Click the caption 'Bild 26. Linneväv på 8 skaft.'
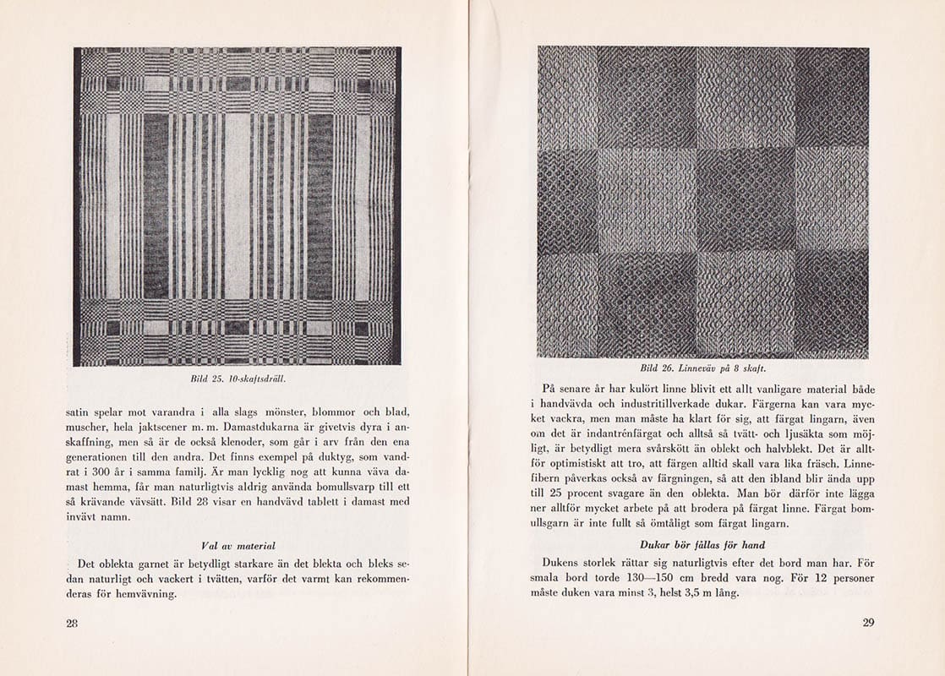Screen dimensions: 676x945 703,368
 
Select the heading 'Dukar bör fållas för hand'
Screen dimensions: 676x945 703,544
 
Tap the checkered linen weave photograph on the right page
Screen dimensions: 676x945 703,202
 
